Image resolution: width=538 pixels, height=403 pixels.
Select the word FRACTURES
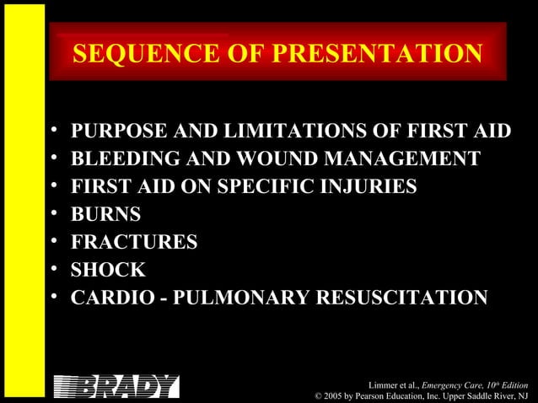pyautogui.click(x=135, y=243)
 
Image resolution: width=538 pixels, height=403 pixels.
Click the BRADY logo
pyautogui.click(x=116, y=386)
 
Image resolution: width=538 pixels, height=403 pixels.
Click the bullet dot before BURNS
pyautogui.click(x=55, y=215)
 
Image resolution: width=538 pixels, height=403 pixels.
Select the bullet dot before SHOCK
pyautogui.click(x=55, y=271)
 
